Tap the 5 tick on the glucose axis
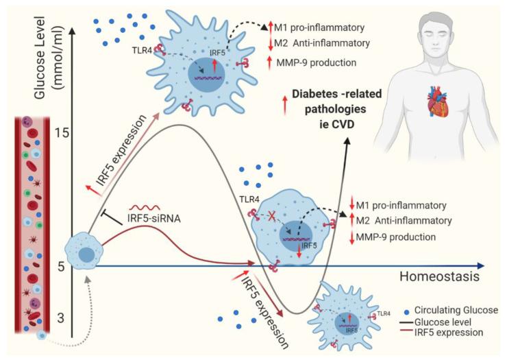click(60, 267)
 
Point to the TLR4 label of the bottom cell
click(385, 314)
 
